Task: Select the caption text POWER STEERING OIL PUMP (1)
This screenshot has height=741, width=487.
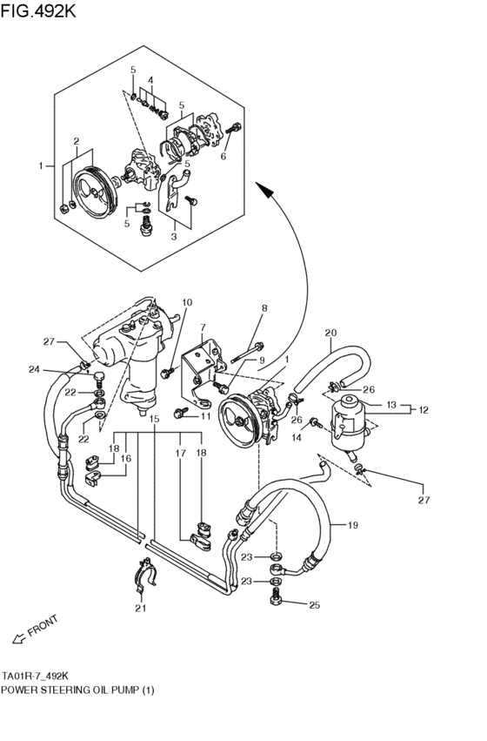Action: (x=78, y=690)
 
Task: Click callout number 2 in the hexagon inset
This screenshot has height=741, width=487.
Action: (x=77, y=141)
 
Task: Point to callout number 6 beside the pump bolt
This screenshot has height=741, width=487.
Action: (x=223, y=157)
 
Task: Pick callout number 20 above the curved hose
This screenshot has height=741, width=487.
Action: (x=330, y=333)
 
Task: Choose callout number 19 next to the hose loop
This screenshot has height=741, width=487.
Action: (x=353, y=525)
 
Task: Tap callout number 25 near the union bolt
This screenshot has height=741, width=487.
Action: (x=314, y=604)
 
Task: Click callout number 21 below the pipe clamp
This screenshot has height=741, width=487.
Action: (x=140, y=608)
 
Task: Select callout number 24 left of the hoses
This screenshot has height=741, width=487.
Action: (x=33, y=369)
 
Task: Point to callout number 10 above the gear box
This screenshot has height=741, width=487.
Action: (x=186, y=302)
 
